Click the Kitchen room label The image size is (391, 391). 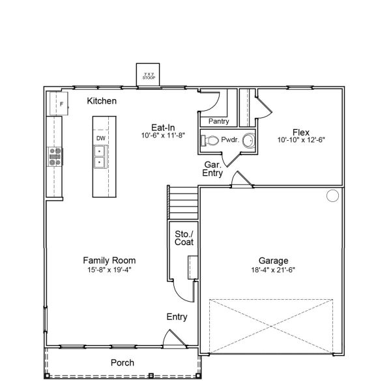102,101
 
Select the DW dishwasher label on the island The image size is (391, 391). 101,138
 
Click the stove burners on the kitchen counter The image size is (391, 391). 55,156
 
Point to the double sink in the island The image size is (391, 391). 100,157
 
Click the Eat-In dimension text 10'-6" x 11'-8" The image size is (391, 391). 162,136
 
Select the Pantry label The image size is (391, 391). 218,121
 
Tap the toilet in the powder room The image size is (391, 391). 210,140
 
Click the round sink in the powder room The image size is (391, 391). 248,140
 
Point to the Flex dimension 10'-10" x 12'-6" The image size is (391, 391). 301,140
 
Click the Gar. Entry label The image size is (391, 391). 212,170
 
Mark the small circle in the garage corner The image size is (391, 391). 332,195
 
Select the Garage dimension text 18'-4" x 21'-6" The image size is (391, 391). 273,270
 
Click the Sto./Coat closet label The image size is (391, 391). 184,238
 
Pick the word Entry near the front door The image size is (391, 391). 177,317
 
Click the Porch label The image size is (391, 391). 122,363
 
